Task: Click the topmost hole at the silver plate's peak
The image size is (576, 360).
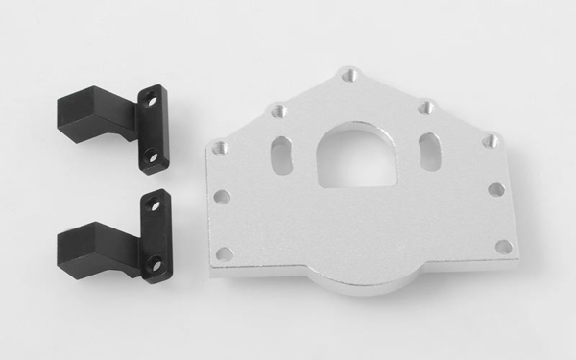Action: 350,74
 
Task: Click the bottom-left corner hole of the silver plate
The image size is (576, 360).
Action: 225,254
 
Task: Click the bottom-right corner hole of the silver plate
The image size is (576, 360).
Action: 502,247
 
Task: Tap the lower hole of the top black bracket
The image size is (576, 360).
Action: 151,155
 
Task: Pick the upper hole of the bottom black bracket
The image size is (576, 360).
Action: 152,204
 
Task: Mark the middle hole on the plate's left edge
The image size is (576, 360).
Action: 221,197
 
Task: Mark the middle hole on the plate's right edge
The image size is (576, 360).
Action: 496,190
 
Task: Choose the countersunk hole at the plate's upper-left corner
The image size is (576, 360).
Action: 220,149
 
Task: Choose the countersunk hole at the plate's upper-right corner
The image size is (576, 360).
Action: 492,140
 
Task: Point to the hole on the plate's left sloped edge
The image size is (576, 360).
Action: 277,111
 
